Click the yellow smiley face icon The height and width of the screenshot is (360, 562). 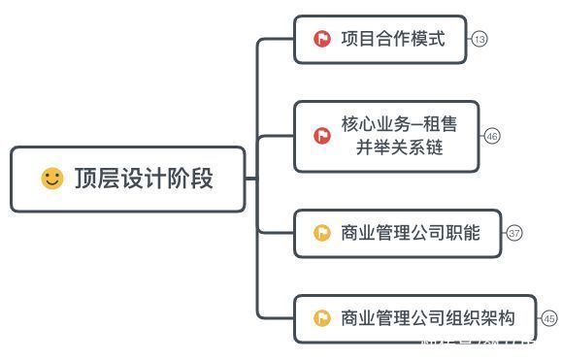51,179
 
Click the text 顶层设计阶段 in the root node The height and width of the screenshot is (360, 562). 144,179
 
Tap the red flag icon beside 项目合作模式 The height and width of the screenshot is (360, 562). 321,40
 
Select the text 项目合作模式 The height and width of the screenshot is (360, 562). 393,40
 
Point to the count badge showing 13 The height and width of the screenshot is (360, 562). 479,40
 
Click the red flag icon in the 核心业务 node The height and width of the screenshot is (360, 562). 321,136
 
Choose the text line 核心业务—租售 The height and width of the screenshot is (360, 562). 399,125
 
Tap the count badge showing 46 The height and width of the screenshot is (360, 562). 492,136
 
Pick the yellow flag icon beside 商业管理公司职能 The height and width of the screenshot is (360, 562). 321,233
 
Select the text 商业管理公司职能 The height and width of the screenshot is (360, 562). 411,233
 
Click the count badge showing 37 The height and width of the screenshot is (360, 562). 514,233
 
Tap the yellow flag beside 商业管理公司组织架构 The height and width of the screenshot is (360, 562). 321,318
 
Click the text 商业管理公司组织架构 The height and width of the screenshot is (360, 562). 428,318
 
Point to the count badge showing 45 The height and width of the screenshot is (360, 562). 549,318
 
